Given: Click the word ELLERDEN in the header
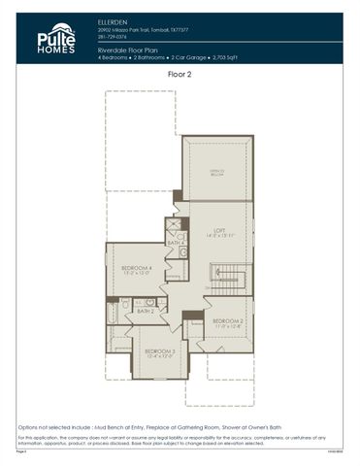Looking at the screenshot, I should tap(114, 20).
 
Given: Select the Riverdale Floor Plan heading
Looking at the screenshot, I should tap(131, 50).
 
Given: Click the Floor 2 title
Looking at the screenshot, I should tap(180, 74).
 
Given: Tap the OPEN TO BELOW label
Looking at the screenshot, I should tap(218, 172).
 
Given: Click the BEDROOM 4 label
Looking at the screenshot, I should tap(136, 270).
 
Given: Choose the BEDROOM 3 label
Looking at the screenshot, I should tap(159, 352).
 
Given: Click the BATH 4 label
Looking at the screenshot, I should tap(175, 243).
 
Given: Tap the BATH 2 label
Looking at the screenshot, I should tap(145, 311).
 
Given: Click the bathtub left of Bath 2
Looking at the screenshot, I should tap(124, 311).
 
